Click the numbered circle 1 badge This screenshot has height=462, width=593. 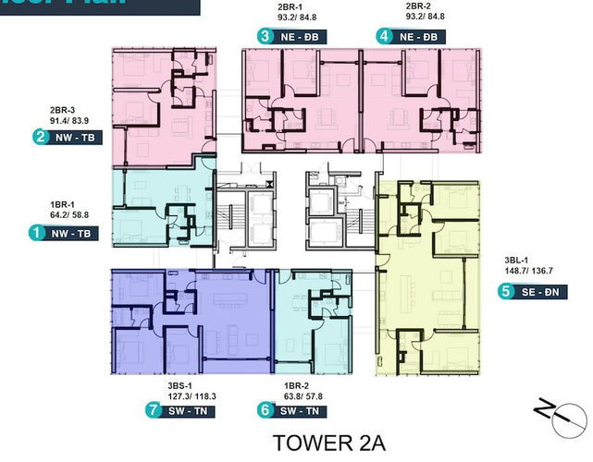pyautogui.click(x=38, y=234)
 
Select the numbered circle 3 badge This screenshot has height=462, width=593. pyautogui.click(x=266, y=37)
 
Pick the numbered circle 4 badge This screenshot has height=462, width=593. pyautogui.click(x=384, y=37)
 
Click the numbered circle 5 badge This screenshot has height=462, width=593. pyautogui.click(x=505, y=292)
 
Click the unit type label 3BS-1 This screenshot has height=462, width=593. pyautogui.click(x=176, y=383)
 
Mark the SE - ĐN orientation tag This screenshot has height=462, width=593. pyautogui.click(x=542, y=292)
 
